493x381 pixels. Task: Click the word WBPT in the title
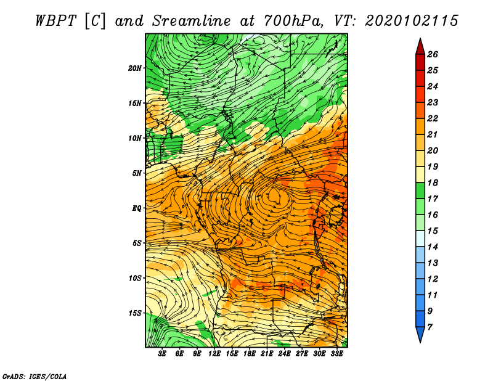click(x=55, y=21)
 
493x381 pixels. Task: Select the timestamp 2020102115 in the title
click(x=412, y=21)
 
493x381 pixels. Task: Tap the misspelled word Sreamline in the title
click(x=192, y=21)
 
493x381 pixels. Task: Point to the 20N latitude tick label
click(x=135, y=68)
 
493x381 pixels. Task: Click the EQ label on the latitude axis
click(x=136, y=208)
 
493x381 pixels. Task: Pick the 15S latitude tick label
click(x=135, y=313)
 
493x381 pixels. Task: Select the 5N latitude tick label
click(x=137, y=173)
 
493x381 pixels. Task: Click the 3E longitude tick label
click(x=162, y=354)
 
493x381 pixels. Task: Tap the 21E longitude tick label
click(x=267, y=354)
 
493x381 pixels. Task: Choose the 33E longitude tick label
click(x=336, y=354)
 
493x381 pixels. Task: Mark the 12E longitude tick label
click(x=214, y=354)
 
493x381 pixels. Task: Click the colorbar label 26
click(x=433, y=54)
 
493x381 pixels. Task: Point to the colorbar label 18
click(x=433, y=182)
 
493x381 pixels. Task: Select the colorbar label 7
click(x=430, y=327)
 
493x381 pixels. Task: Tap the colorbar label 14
click(x=433, y=247)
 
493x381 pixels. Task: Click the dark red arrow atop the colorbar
click(x=420, y=46)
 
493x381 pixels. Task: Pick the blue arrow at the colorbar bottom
click(x=420, y=335)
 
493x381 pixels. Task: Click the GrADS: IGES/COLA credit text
click(x=35, y=377)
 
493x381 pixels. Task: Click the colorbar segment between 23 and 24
click(x=420, y=94)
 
